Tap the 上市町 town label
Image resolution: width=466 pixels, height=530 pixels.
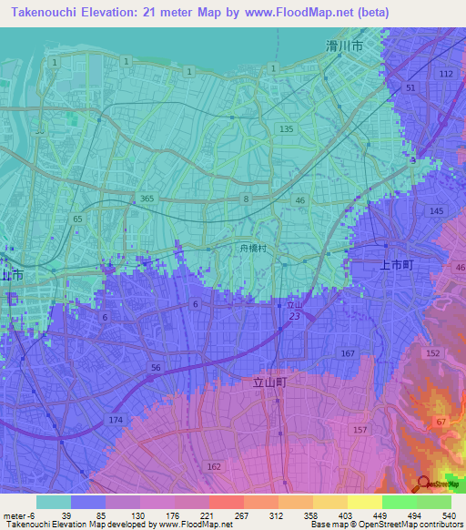(x=396, y=264)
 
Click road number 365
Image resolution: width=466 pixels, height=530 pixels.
(x=147, y=199)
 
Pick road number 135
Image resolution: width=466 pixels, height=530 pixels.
(x=287, y=129)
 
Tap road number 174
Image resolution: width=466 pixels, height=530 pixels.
(x=116, y=419)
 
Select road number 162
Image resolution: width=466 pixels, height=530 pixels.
(x=214, y=466)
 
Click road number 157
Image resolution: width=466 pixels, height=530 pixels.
(x=360, y=429)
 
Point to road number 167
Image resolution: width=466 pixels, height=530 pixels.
(x=347, y=352)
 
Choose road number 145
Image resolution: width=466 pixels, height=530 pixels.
(x=436, y=211)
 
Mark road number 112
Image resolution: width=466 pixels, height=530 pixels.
(x=445, y=73)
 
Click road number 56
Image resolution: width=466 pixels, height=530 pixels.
(x=156, y=367)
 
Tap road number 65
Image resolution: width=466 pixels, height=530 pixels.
(x=78, y=219)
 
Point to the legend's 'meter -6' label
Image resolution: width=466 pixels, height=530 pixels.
(x=18, y=515)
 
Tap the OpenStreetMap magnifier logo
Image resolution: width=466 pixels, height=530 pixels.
(x=424, y=484)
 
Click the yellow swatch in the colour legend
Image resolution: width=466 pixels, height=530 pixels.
(x=364, y=502)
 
